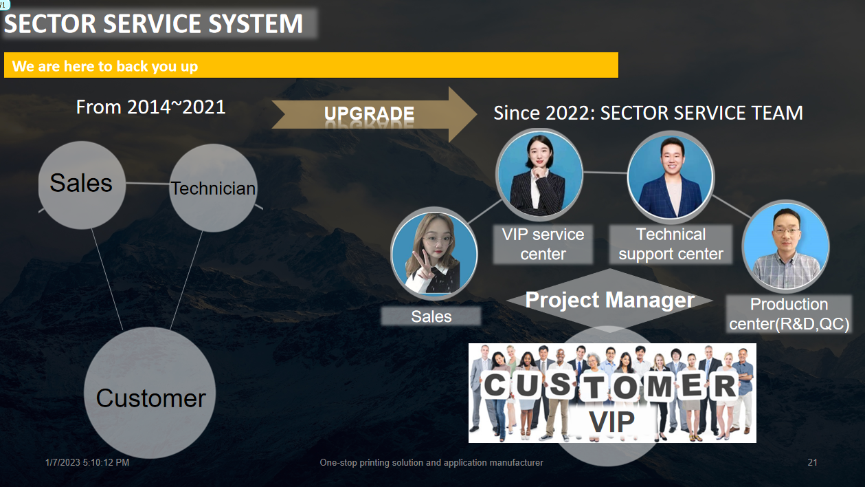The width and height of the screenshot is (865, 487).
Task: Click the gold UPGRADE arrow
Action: pyautogui.click(x=374, y=114)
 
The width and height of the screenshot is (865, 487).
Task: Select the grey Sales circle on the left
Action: pyautogui.click(x=82, y=185)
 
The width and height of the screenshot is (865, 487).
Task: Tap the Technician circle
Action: pyautogui.click(x=213, y=188)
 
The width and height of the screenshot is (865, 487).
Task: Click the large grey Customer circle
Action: pyautogui.click(x=150, y=393)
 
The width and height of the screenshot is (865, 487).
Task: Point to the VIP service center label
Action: pyautogui.click(x=543, y=244)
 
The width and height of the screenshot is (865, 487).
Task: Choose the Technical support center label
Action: pyautogui.click(x=671, y=244)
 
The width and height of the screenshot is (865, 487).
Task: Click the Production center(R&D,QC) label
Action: pyautogui.click(x=789, y=314)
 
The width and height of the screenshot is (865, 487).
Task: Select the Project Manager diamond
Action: pyautogui.click(x=609, y=301)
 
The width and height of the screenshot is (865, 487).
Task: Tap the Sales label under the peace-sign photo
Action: pyautogui.click(x=431, y=316)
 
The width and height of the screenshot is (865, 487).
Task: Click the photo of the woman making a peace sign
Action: pyautogui.click(x=434, y=254)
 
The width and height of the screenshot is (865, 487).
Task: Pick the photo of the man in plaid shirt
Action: pyautogui.click(x=786, y=246)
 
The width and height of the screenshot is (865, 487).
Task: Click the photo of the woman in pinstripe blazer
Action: pyautogui.click(x=539, y=175)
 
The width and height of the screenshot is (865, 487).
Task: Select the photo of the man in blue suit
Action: pyautogui.click(x=671, y=177)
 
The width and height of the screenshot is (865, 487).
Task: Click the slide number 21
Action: pyautogui.click(x=813, y=462)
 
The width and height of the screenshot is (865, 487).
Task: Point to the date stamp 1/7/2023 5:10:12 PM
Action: pyautogui.click(x=87, y=462)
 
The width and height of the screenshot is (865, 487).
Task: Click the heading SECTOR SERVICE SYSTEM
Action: pyautogui.click(x=153, y=23)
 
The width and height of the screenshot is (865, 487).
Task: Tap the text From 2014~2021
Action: pyautogui.click(x=150, y=107)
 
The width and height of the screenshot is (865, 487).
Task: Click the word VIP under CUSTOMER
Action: pyautogui.click(x=611, y=421)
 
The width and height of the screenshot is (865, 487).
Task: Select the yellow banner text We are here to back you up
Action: pyautogui.click(x=105, y=66)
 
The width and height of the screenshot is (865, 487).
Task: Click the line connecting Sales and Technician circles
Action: pyautogui.click(x=148, y=183)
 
